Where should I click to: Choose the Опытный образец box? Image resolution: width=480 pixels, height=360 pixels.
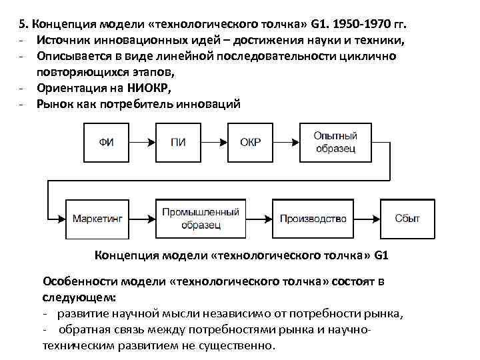coord(335,141)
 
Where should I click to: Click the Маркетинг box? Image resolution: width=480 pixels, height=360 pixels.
coord(97,218)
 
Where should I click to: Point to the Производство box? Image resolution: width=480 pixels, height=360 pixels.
coord(313,218)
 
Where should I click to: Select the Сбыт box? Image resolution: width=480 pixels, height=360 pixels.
coord(407,218)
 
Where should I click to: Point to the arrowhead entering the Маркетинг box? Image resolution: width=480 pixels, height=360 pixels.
coord(61,218)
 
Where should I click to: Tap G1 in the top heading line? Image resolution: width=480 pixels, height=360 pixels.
coord(319,24)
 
